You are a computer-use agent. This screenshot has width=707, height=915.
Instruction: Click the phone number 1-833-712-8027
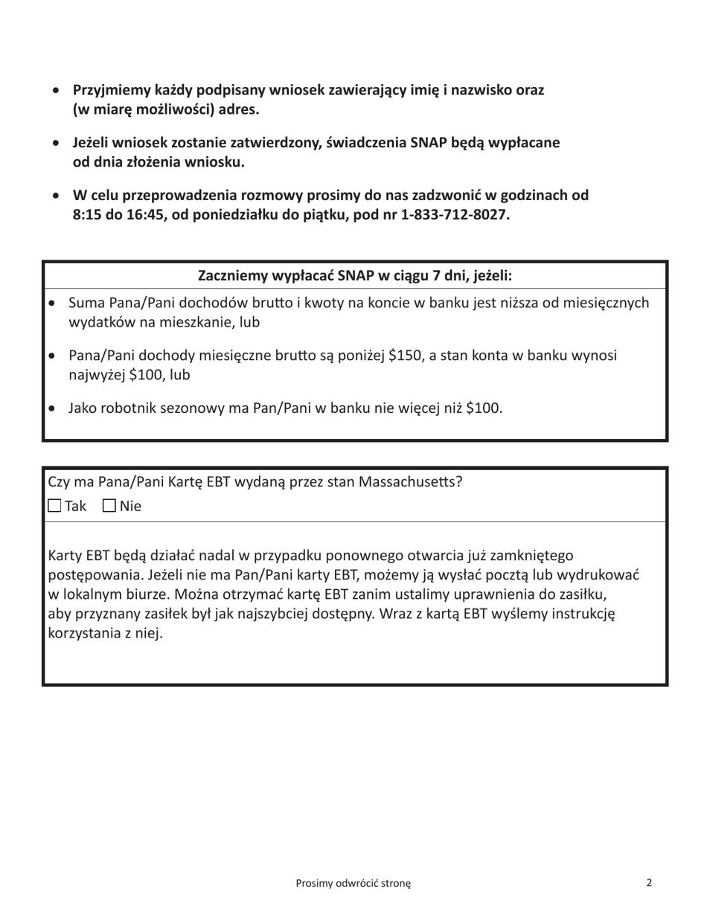[452, 215]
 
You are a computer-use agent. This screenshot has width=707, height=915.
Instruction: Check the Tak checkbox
[55, 507]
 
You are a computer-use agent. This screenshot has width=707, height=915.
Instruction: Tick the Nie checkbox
[109, 507]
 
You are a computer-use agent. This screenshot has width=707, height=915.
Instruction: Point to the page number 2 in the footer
[649, 883]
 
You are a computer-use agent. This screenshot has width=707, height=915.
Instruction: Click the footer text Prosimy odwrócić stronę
[353, 883]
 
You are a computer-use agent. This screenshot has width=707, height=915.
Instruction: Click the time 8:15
[89, 215]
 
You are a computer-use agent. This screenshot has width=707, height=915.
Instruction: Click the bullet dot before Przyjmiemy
[57, 91]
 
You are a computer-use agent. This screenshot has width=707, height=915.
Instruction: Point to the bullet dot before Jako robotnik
[51, 408]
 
